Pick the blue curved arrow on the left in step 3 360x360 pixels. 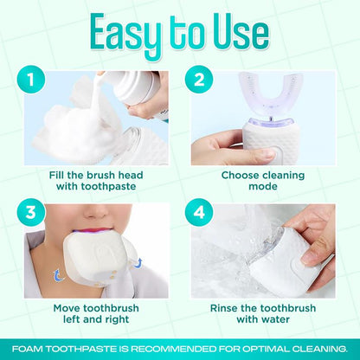(x=58, y=275)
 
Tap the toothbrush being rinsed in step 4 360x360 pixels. (x=299, y=260)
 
